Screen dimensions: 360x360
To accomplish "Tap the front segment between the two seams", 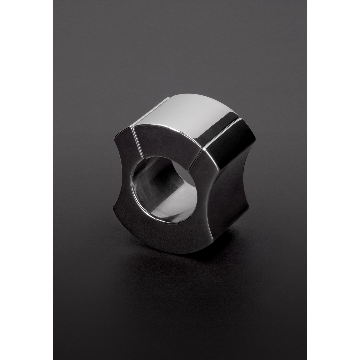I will pos(167,143).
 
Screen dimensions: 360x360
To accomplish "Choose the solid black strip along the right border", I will pos(334,180).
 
